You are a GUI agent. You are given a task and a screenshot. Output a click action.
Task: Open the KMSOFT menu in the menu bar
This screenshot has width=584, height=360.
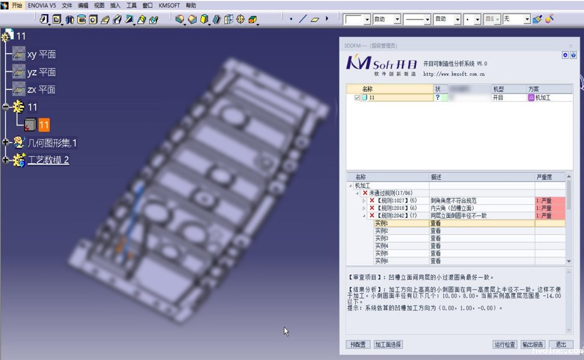tap(168, 5)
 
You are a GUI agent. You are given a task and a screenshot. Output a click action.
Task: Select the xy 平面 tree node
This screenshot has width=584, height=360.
tap(41, 55)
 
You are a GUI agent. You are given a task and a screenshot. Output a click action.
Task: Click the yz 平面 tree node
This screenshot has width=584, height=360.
tap(41, 72)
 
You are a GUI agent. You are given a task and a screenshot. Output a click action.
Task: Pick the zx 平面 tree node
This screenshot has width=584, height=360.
tap(41, 90)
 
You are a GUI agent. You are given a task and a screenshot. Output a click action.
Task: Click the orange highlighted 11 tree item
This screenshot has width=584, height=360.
tap(44, 125)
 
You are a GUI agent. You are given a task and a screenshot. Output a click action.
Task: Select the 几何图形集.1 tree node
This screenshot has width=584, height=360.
tap(52, 143)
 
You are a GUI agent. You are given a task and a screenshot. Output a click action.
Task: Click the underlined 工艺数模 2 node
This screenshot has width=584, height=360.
tap(48, 160)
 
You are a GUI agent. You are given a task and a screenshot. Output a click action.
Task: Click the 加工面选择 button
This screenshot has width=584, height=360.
tap(388, 345)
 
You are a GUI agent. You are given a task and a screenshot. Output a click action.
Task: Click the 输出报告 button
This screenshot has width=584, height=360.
tap(533, 345)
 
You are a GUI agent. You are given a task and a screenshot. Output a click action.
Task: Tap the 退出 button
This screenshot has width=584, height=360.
tap(561, 345)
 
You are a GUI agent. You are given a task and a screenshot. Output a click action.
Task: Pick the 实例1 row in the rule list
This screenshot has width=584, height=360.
tap(382, 224)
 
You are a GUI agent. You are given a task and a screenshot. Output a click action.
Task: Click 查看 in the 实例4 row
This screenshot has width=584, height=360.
tap(436, 246)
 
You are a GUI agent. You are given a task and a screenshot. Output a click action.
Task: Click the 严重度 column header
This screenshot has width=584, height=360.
tap(544, 177)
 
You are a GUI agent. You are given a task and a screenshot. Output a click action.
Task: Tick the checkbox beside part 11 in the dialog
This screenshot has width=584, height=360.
tap(358, 98)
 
